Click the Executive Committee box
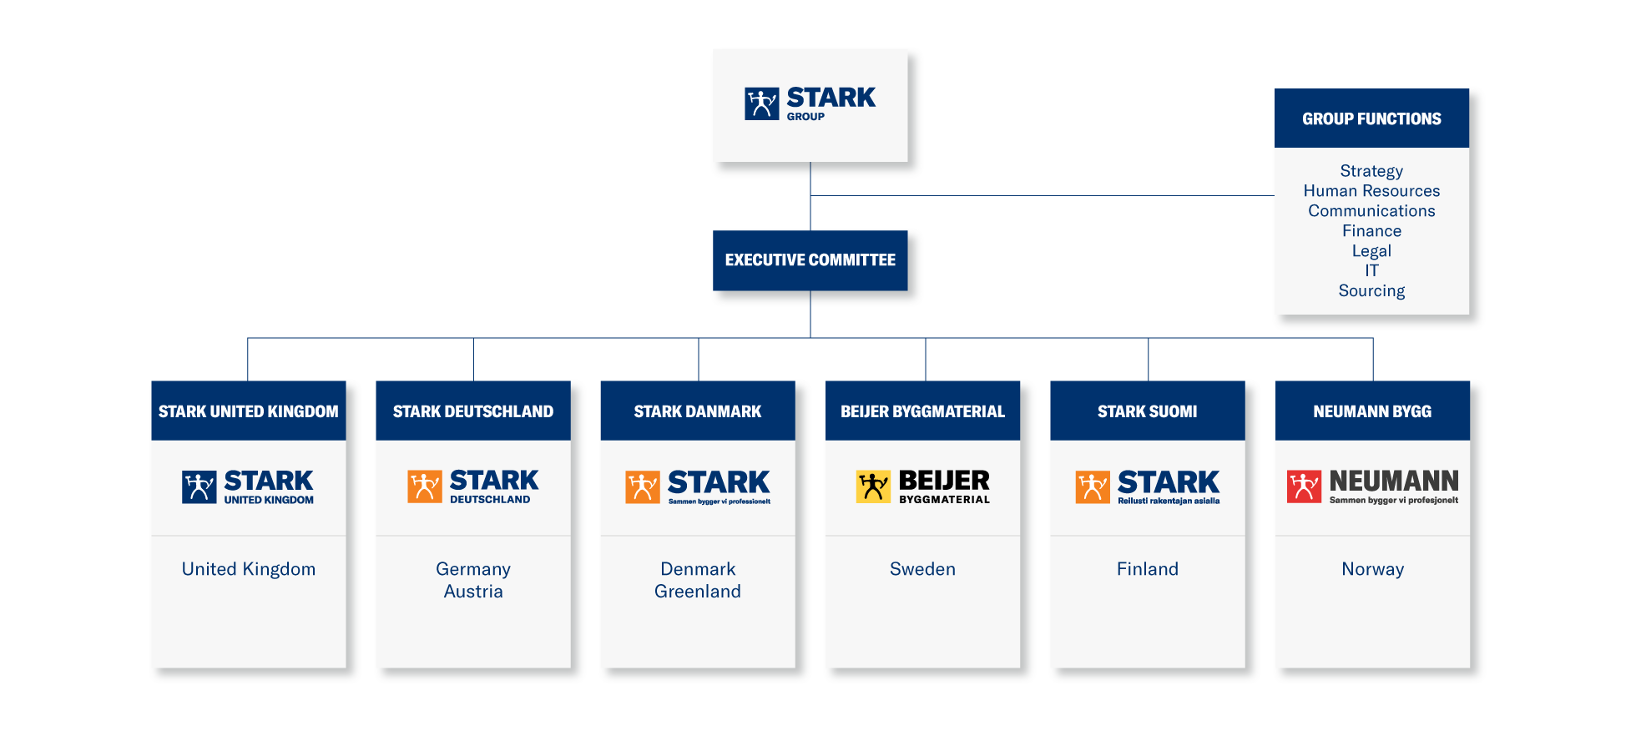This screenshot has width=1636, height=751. pyautogui.click(x=810, y=260)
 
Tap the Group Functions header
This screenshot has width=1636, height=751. pyautogui.click(x=1371, y=118)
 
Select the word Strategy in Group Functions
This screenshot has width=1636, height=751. pyautogui.click(x=1371, y=171)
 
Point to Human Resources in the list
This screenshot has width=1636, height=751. pyautogui.click(x=1371, y=191)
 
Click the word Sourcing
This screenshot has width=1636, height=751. pyautogui.click(x=1371, y=291)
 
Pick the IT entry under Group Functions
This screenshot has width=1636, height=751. pyautogui.click(x=1371, y=270)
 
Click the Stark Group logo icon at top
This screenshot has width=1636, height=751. pyautogui.click(x=761, y=103)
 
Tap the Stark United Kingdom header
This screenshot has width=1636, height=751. pyautogui.click(x=248, y=411)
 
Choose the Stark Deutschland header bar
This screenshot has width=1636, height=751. pyautogui.click(x=472, y=411)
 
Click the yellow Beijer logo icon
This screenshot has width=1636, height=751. pyautogui.click(x=873, y=486)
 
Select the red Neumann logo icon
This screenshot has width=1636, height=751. pyautogui.click(x=1304, y=486)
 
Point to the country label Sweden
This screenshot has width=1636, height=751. pyautogui.click(x=922, y=569)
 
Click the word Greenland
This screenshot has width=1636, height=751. pyautogui.click(x=697, y=592)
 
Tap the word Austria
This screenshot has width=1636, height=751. pyautogui.click(x=473, y=592)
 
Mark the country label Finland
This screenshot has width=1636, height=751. pyautogui.click(x=1148, y=569)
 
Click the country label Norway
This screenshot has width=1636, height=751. pyautogui.click(x=1372, y=569)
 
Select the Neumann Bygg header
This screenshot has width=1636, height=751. pyautogui.click(x=1371, y=411)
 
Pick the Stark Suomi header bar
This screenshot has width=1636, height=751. pyautogui.click(x=1147, y=411)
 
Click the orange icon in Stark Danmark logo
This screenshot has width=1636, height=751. pyautogui.click(x=642, y=486)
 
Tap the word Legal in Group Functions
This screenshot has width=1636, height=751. pyautogui.click(x=1371, y=251)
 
